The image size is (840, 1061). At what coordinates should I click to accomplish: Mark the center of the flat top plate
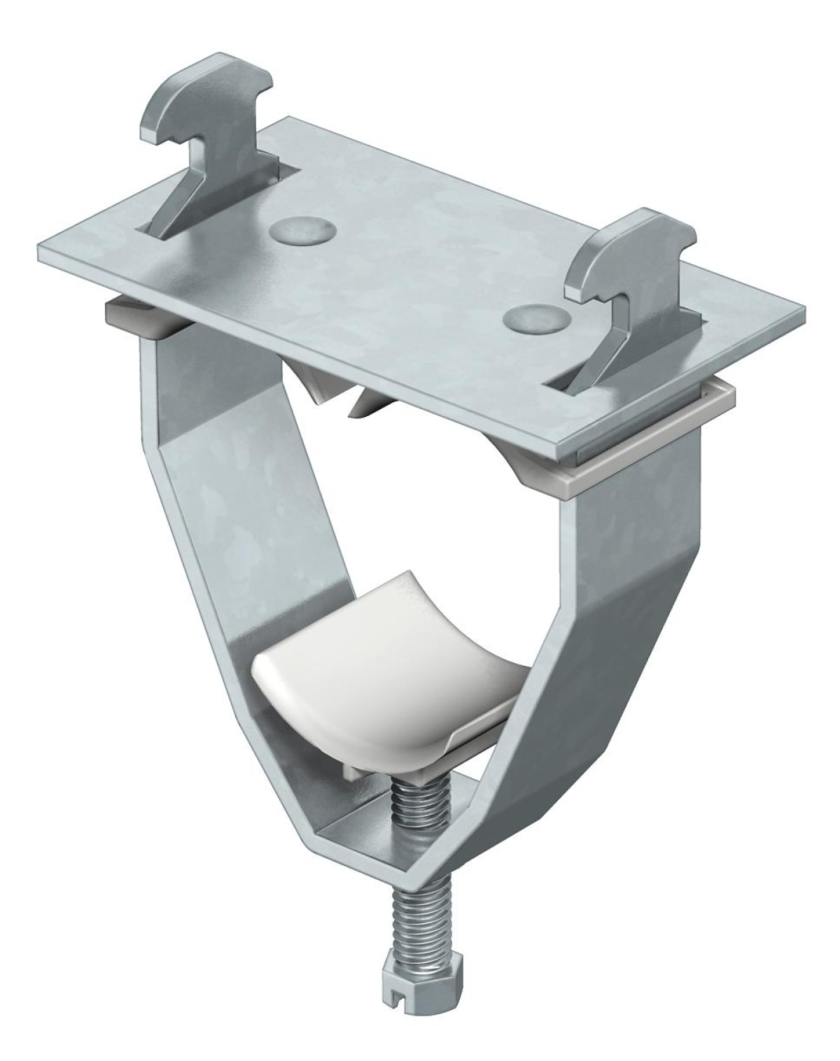(x=420, y=280)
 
